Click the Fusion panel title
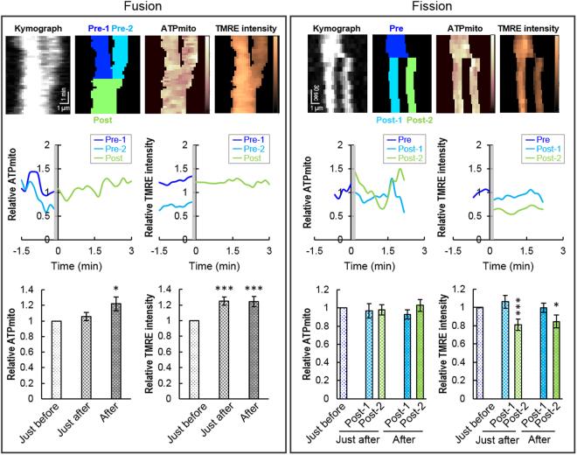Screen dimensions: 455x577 [x=143, y=8]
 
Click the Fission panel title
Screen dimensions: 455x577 [x=432, y=8]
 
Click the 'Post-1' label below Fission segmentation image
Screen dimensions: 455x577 [x=372, y=117]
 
